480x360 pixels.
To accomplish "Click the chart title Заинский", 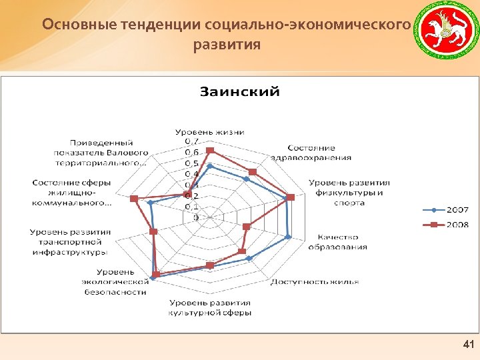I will point(240,91).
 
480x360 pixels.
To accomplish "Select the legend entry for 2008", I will point(453,225).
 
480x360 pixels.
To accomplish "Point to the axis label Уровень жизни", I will point(209,131).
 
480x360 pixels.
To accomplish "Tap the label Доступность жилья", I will point(315,281).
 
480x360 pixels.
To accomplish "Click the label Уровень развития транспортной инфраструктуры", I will point(71,242).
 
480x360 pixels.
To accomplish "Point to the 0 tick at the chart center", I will point(195,217).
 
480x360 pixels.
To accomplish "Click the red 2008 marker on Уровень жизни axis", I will point(209,150).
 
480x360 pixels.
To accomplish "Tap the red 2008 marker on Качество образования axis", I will point(247,227).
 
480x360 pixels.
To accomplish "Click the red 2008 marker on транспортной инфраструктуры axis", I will point(153,231).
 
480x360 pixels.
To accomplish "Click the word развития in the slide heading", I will point(227,46).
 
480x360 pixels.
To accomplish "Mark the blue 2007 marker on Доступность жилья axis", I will point(249,258).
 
